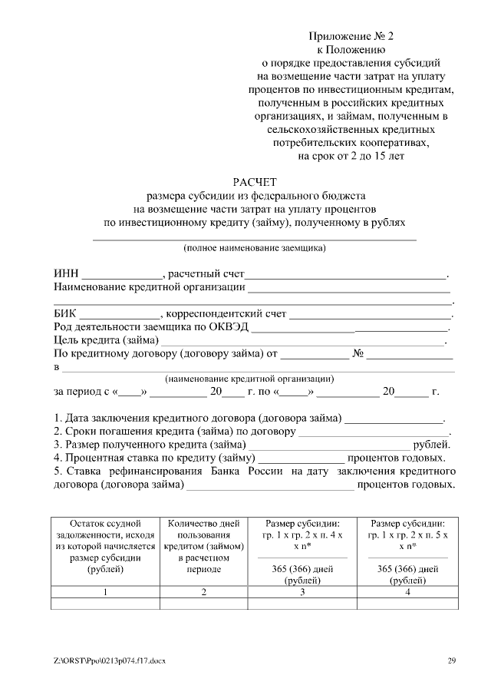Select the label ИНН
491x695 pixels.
click(66, 274)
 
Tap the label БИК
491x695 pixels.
click(66, 313)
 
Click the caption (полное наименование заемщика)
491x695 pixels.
click(254, 248)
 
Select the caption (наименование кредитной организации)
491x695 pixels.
click(249, 379)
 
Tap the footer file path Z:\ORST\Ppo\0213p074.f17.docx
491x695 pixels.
click(110, 660)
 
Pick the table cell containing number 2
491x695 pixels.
click(203, 591)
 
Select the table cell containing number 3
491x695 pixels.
click(302, 591)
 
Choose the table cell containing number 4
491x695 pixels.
click(407, 591)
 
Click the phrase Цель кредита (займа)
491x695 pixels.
click(106, 339)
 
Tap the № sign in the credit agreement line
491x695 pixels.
click(357, 353)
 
